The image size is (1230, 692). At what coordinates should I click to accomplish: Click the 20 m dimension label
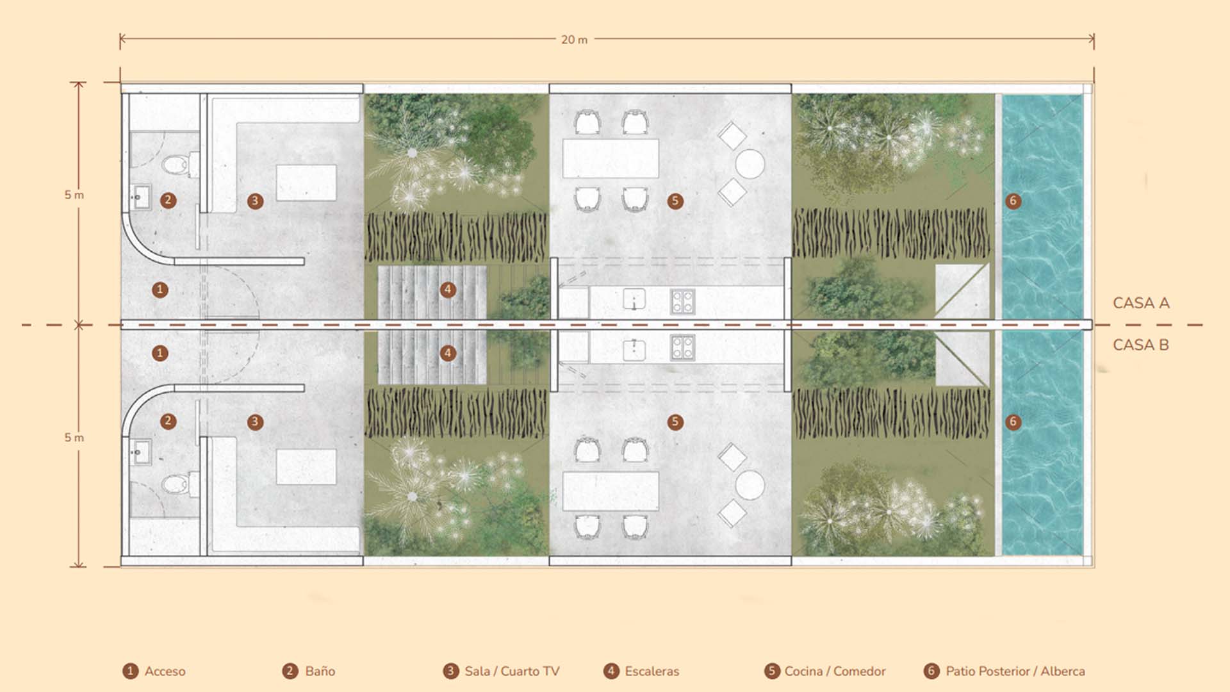[574, 40]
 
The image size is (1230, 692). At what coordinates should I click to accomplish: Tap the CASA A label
[1141, 303]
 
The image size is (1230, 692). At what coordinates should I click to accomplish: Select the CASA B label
[1141, 345]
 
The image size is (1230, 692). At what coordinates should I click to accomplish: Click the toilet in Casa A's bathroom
[180, 165]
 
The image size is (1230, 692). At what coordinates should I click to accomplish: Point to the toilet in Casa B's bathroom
[180, 483]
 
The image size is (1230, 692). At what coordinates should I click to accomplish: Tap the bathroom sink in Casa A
[140, 197]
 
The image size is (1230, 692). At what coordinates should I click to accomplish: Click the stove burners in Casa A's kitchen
[683, 301]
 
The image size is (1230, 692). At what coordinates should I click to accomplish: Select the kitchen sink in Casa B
[634, 349]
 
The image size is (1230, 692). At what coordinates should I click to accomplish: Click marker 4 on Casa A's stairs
[448, 290]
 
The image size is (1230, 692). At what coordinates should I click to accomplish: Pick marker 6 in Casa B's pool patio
[1013, 422]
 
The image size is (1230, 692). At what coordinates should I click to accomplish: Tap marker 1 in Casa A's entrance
[160, 290]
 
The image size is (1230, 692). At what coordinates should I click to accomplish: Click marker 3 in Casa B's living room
[255, 422]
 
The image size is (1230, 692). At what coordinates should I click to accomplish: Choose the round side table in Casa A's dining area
[750, 164]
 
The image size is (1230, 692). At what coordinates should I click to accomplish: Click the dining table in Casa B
[611, 491]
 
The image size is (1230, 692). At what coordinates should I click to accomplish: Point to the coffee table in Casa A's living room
[306, 183]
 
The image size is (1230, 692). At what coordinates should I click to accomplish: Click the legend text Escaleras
[652, 671]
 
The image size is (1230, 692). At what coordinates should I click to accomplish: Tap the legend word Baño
[320, 671]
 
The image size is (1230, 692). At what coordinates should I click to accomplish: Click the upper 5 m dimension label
[74, 195]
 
